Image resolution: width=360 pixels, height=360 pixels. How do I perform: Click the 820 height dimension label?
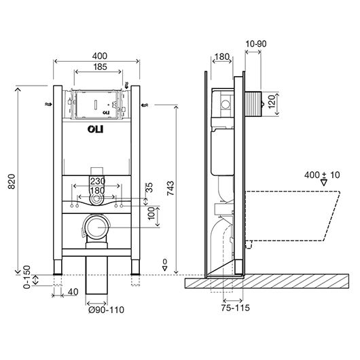12,181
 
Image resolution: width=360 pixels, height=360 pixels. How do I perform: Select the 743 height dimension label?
170,188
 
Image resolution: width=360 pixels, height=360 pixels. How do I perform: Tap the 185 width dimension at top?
100,67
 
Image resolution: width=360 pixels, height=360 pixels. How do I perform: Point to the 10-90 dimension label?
256,43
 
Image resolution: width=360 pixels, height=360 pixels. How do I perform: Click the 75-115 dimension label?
235,308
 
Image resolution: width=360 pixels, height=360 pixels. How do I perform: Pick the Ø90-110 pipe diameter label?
106,310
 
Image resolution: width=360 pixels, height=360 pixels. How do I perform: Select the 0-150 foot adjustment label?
27,277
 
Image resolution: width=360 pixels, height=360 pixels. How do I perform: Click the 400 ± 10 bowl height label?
322,175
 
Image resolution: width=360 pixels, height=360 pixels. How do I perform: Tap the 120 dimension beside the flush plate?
272,102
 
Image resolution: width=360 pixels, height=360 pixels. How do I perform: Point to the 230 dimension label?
98,181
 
